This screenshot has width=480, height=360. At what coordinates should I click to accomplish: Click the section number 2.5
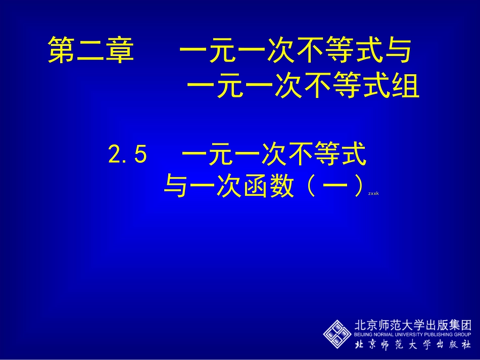[127, 156]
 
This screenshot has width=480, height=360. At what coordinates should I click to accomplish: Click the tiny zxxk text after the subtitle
[373, 193]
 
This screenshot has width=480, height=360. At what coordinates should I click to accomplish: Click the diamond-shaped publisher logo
[337, 334]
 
